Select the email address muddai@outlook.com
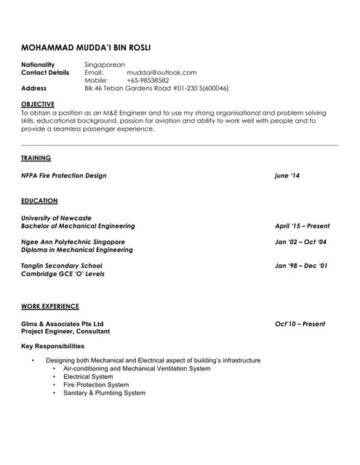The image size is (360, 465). pyautogui.click(x=161, y=73)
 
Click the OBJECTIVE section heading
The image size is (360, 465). pyautogui.click(x=38, y=105)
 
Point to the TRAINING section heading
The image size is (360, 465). pyautogui.click(x=36, y=158)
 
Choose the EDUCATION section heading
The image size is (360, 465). pyautogui.click(x=39, y=201)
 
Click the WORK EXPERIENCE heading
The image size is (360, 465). pyautogui.click(x=50, y=307)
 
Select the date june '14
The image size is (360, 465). pyautogui.click(x=287, y=176)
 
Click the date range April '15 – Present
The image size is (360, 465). pyautogui.click(x=302, y=226)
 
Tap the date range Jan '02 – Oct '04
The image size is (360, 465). pyautogui.click(x=300, y=242)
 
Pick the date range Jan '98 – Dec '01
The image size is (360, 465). pyautogui.click(x=301, y=266)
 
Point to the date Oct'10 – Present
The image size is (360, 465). pyautogui.click(x=300, y=324)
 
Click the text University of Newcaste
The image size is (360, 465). pyautogui.click(x=57, y=218)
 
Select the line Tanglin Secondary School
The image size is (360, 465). pyautogui.click(x=62, y=266)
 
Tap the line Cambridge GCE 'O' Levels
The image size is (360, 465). pyautogui.click(x=63, y=274)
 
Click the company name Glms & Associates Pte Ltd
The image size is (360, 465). pyautogui.click(x=63, y=324)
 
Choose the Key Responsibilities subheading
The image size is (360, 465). pyautogui.click(x=52, y=346)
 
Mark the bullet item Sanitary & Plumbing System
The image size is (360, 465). pyautogui.click(x=104, y=393)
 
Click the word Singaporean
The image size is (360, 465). pyautogui.click(x=105, y=65)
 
